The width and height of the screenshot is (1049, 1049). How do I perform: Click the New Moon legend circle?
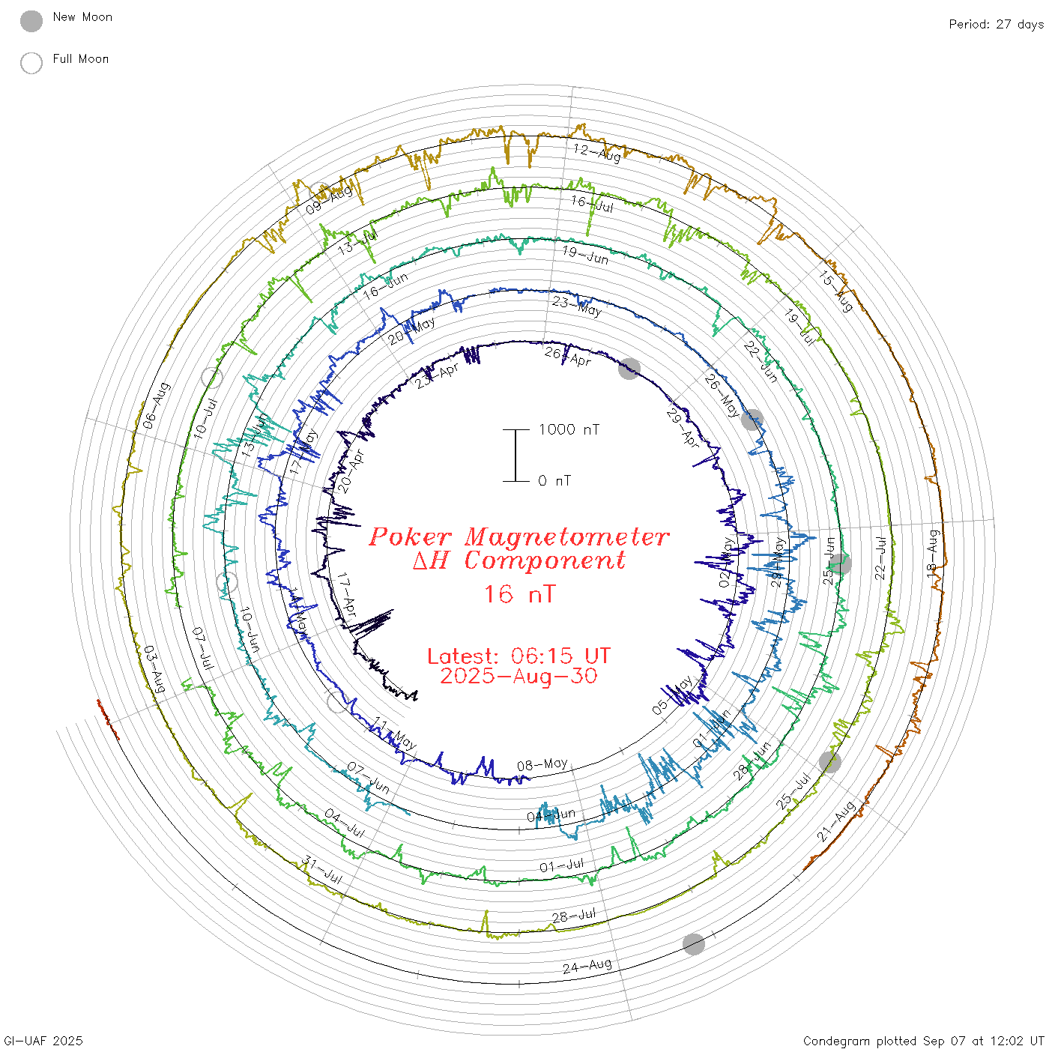[x=31, y=21]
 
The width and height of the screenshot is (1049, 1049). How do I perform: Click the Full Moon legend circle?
[x=31, y=63]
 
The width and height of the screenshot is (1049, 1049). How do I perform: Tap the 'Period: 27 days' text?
[x=996, y=24]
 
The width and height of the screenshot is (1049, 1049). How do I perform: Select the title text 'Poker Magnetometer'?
[x=519, y=536]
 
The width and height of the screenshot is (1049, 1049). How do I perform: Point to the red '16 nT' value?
[x=519, y=594]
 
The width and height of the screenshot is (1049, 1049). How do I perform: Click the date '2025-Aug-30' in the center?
[x=519, y=676]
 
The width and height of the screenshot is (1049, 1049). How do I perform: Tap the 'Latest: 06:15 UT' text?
[x=519, y=656]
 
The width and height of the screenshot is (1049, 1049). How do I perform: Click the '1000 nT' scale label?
[x=569, y=429]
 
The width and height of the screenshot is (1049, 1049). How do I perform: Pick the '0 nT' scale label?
[x=554, y=481]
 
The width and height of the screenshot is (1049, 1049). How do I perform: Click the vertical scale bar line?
[x=516, y=455]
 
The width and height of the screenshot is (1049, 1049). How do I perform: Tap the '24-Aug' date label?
[x=587, y=966]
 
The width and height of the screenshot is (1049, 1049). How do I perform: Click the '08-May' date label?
[x=542, y=765]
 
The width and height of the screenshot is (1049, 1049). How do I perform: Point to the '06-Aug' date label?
[x=157, y=405]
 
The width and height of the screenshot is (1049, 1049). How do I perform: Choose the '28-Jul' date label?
[x=574, y=915]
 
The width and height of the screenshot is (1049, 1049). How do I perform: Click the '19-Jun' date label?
[x=585, y=255]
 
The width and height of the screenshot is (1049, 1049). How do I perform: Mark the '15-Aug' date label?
[x=835, y=291]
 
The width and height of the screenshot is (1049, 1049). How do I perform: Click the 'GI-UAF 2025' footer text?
[x=43, y=1041]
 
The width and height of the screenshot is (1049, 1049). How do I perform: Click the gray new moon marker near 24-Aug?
[x=694, y=944]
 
